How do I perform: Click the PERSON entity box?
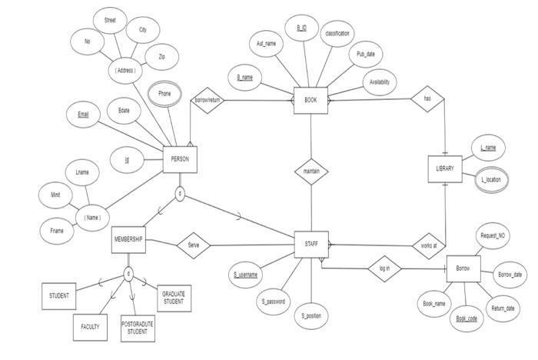click(180, 159)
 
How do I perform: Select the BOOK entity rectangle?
click(311, 100)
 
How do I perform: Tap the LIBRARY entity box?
click(445, 168)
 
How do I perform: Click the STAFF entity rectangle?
click(311, 245)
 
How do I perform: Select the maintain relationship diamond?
click(311, 171)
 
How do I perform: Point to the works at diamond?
click(428, 245)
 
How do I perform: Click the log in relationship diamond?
click(384, 268)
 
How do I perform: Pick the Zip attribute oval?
click(161, 57)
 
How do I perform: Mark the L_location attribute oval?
click(490, 179)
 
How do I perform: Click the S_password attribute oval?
click(273, 302)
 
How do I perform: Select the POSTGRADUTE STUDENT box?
click(138, 327)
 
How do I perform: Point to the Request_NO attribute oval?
click(492, 235)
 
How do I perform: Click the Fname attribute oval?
click(57, 230)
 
